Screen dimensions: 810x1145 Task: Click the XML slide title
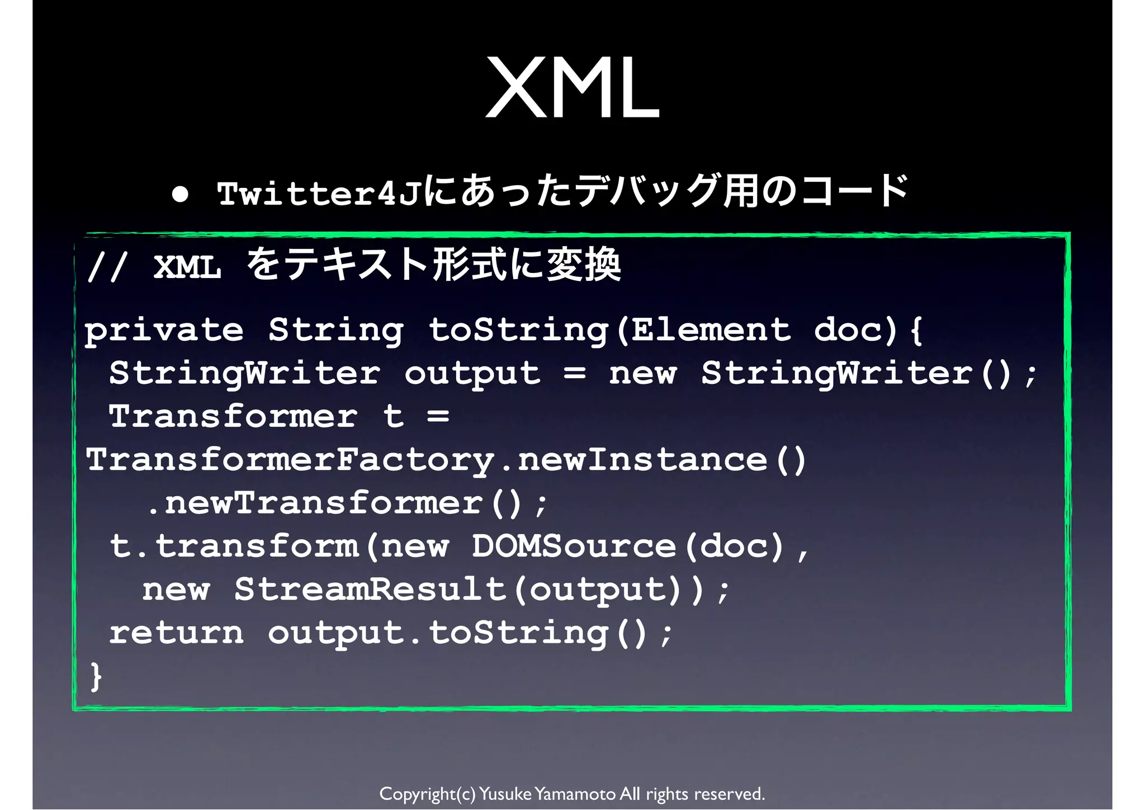[572, 88]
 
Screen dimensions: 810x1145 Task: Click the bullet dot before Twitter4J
[180, 194]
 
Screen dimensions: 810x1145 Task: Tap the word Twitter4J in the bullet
[319, 194]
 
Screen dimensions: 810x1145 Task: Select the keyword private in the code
[164, 330]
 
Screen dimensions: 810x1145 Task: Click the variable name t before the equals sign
[394, 416]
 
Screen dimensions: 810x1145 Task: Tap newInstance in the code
[643, 460]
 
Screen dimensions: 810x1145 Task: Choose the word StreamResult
[370, 589]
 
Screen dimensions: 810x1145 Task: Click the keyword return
[176, 633]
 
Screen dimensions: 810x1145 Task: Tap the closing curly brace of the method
[96, 676]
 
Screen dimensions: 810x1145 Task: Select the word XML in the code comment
[187, 266]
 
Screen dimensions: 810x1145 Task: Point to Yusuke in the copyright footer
[505, 794]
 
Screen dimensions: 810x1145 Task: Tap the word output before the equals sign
[472, 374]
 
